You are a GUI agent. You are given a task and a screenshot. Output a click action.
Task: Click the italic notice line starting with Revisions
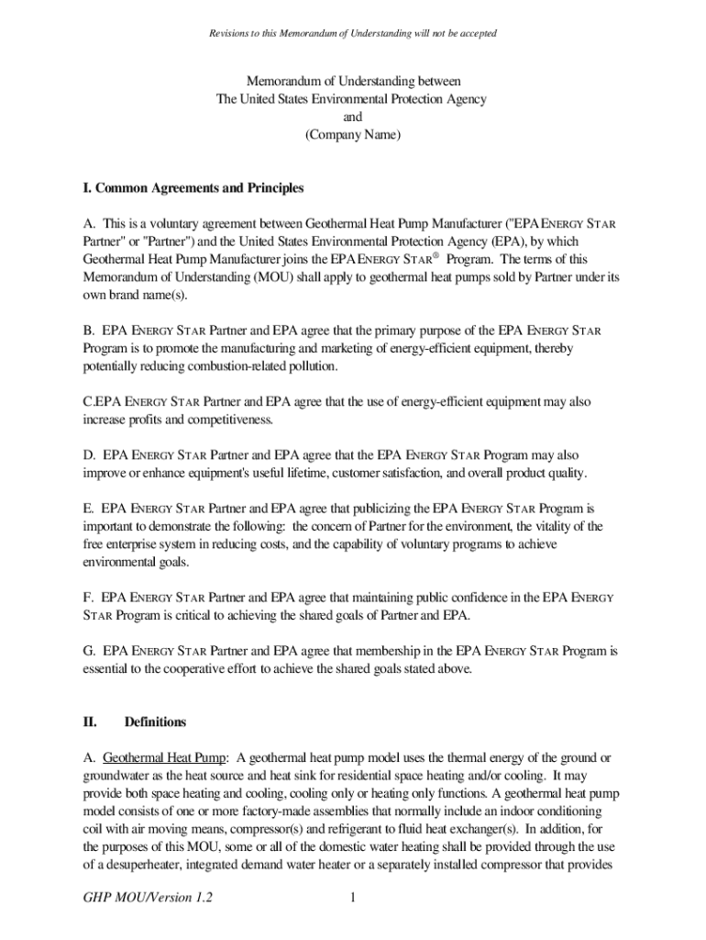352,33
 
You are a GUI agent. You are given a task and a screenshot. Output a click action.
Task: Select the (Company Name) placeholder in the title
352,135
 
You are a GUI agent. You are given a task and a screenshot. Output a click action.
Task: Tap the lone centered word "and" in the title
352,117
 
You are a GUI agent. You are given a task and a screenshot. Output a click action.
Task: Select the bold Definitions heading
155,722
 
